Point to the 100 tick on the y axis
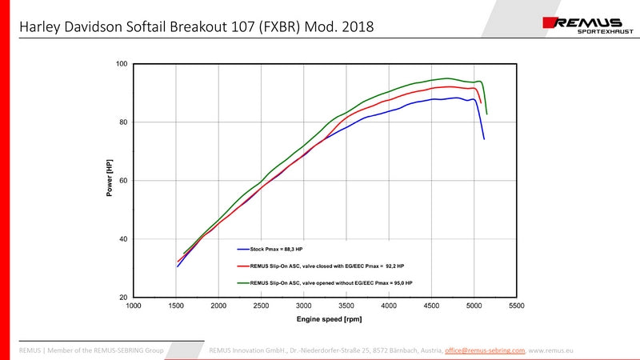(122, 64)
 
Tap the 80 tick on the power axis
(124, 122)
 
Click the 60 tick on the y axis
(124, 181)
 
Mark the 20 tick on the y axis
(124, 298)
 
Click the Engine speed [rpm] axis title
(325, 319)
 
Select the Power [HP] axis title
(110, 179)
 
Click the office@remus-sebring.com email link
(485, 350)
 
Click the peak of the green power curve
(448, 78)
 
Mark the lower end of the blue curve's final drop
(484, 139)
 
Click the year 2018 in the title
(358, 27)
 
